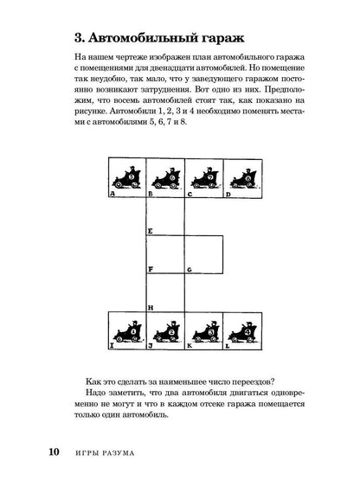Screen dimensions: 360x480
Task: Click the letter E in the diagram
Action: pyautogui.click(x=151, y=232)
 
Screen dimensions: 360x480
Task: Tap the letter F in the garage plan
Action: pyautogui.click(x=151, y=268)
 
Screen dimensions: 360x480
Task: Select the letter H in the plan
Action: pyautogui.click(x=151, y=308)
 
